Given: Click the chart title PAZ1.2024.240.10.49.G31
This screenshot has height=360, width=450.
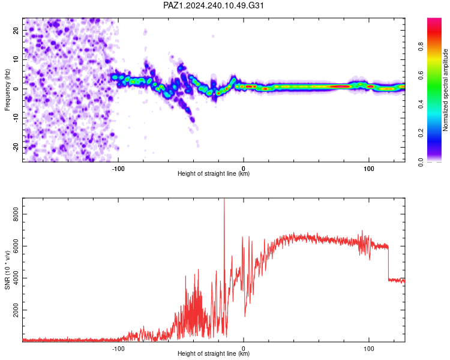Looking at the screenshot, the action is tap(213, 5).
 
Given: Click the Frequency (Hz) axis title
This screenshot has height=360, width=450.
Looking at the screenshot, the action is tap(7, 90).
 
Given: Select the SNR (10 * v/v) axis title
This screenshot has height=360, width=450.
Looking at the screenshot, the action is tap(7, 270).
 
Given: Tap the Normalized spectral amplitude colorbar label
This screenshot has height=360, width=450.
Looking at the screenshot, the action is tap(445, 90).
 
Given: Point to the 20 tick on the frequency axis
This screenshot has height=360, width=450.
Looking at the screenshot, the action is tap(16, 30).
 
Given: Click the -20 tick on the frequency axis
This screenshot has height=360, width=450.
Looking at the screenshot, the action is tap(16, 147).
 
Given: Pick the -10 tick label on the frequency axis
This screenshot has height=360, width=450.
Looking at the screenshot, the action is tap(16, 118).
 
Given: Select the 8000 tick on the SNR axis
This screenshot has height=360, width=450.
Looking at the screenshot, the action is tap(16, 214).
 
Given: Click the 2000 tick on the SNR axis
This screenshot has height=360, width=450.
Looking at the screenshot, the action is tap(16, 310).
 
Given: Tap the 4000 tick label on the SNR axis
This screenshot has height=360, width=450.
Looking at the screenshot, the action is tap(16, 278).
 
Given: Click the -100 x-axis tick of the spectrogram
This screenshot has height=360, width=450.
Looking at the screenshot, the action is tap(118, 169).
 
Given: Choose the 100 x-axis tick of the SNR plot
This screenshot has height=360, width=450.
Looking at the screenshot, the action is tap(369, 349).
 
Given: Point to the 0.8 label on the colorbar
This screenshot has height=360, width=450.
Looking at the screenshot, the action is tap(421, 46).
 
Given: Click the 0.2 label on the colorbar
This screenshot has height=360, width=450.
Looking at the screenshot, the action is tap(421, 133).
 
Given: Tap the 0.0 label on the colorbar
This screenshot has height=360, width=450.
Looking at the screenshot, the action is tap(421, 162).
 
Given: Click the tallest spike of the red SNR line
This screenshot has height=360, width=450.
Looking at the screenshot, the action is tap(224, 199).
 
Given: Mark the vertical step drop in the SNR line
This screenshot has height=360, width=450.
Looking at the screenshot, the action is tap(388, 263).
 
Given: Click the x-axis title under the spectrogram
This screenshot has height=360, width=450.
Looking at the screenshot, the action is tap(214, 173).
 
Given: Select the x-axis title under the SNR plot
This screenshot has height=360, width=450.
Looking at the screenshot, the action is tap(214, 353).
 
